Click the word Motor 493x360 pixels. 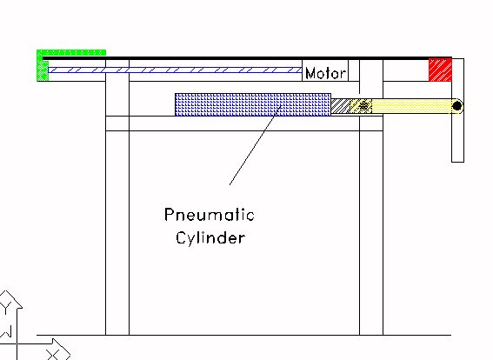(326, 73)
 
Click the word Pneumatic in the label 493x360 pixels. (210, 215)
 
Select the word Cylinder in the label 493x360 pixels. (210, 237)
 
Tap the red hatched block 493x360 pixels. (440, 70)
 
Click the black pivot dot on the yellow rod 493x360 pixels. (456, 106)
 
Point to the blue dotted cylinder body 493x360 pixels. (253, 104)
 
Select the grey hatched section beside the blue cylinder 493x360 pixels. (341, 106)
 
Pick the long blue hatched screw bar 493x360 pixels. (175, 70)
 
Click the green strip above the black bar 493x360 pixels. (71, 52)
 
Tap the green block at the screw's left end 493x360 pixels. (43, 70)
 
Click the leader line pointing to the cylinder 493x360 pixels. (255, 145)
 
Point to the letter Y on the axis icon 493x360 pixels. (7, 306)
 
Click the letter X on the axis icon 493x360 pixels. (52, 355)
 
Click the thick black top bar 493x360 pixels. (247, 58)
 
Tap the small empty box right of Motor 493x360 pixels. (354, 70)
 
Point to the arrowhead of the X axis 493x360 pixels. (62, 349)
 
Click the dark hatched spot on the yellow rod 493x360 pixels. (364, 106)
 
